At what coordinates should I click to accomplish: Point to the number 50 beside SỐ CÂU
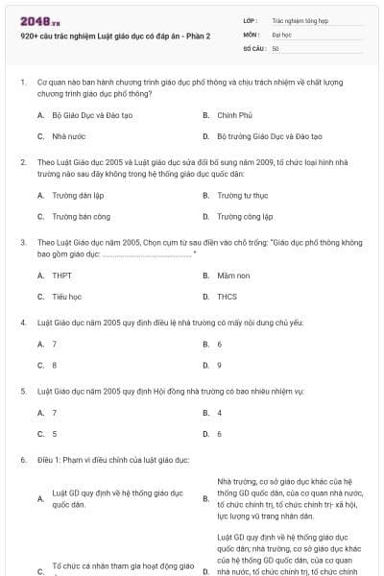(x=276, y=48)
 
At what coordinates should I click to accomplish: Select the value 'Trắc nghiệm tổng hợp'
(x=300, y=19)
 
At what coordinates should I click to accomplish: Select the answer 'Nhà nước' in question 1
(x=69, y=136)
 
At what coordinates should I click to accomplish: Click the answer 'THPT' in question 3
(x=61, y=275)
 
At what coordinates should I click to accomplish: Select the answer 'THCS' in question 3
(x=228, y=297)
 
